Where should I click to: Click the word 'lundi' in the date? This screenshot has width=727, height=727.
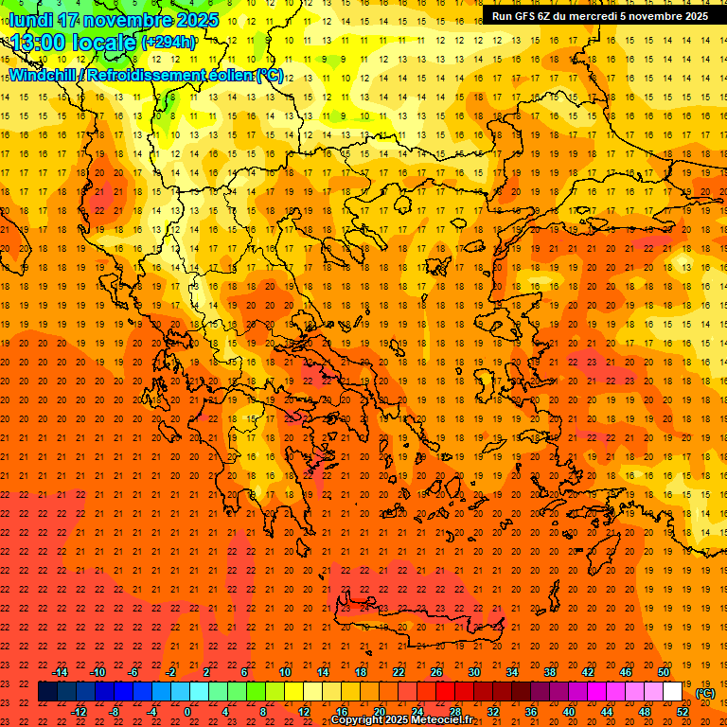(x=30, y=19)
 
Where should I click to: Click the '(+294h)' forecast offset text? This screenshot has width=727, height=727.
(x=168, y=43)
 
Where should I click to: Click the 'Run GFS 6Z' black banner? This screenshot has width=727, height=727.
(x=599, y=16)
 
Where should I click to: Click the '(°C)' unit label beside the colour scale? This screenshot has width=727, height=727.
(x=705, y=693)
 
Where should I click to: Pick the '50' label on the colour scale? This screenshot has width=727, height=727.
(x=663, y=672)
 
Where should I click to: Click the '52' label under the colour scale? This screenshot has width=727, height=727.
(x=683, y=712)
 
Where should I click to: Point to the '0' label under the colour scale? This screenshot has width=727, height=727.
(x=187, y=712)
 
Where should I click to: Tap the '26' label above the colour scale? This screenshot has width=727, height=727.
(x=436, y=672)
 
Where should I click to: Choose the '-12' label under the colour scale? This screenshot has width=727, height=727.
(x=80, y=712)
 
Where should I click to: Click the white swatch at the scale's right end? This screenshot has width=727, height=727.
(x=672, y=692)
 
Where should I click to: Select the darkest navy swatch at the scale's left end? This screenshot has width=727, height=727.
(x=47, y=692)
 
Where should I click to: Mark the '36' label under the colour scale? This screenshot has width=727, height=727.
(x=531, y=712)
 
